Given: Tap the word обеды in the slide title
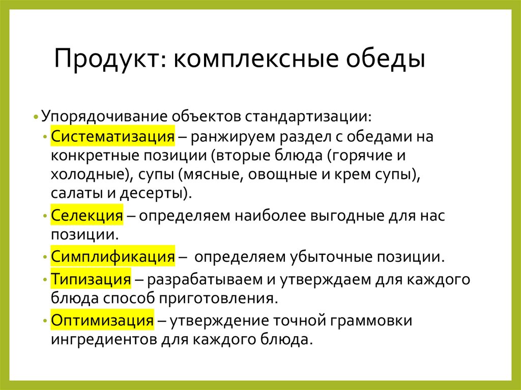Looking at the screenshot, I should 387,59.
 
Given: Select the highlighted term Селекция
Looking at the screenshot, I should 87,216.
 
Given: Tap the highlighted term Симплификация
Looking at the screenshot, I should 113,256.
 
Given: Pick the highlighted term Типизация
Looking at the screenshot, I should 91,279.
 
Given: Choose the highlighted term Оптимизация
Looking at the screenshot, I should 102,320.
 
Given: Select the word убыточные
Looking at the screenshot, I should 323,256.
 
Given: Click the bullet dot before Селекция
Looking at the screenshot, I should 46,217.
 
